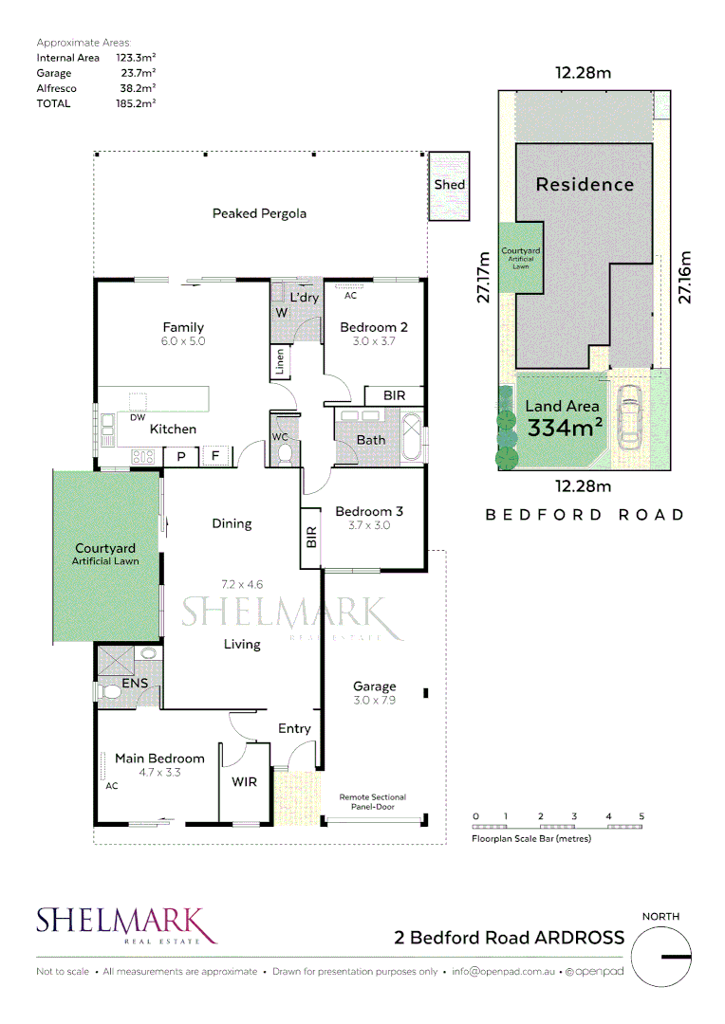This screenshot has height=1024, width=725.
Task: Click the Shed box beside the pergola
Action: coord(449,185)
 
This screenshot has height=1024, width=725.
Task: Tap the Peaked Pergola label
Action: coord(259,213)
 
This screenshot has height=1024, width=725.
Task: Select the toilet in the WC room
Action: coord(285,455)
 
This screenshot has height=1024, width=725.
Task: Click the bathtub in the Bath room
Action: coord(411,437)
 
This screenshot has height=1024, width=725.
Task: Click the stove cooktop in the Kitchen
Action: coord(143,456)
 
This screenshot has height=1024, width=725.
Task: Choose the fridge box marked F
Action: coord(215,456)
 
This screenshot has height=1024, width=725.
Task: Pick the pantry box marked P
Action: coord(180,456)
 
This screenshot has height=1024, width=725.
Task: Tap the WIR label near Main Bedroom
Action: coord(245,782)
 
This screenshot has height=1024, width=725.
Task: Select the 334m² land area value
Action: coord(566,428)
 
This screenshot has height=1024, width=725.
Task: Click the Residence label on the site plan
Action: coord(585,184)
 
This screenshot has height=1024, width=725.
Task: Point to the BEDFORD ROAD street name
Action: coord(585,515)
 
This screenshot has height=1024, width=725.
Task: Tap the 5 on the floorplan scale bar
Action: coord(641,816)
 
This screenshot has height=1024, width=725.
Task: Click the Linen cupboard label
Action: coord(280,362)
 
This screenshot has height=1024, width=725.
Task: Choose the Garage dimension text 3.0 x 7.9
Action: coord(374,701)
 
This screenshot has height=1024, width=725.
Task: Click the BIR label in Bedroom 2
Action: coord(395,394)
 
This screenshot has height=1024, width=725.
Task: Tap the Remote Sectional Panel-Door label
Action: coord(373,802)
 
